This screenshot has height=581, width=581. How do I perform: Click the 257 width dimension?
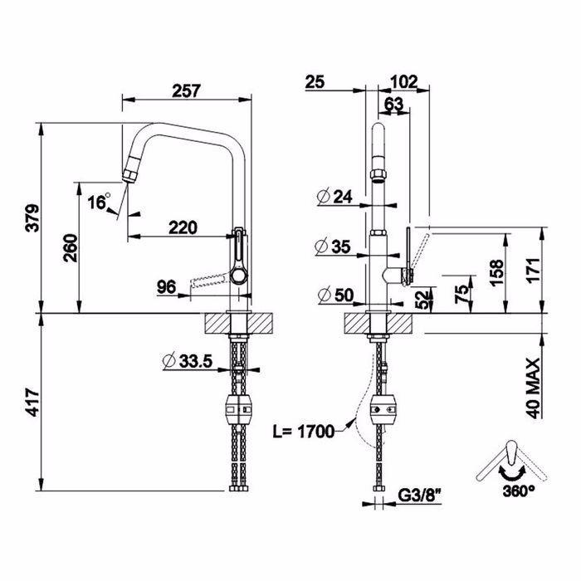(186, 90)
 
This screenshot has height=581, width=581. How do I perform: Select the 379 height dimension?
(32, 217)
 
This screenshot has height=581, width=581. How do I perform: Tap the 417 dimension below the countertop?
(32, 402)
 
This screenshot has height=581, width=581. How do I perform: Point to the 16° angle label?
(99, 201)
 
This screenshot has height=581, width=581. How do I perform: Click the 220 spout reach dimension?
(183, 227)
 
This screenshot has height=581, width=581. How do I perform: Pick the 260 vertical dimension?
(71, 248)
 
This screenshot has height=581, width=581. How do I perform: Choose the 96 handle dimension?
(166, 287)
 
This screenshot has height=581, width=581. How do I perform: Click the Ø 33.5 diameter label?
(188, 361)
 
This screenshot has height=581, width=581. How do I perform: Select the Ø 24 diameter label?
(334, 197)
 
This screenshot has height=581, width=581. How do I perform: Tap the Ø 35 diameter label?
(333, 247)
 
